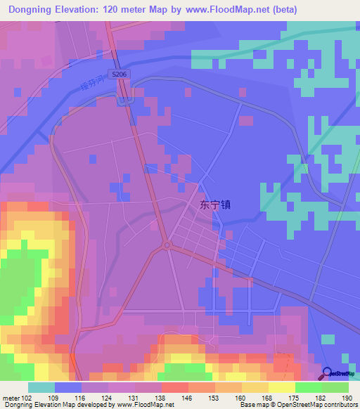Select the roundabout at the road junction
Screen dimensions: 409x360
tap(167, 245)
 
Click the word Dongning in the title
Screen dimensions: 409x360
tap(32, 9)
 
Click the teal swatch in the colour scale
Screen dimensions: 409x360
tap(41, 387)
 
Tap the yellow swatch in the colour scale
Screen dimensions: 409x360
tap(282, 387)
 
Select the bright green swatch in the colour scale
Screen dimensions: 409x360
tap(309, 387)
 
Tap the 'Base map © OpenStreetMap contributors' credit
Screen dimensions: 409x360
tap(297, 404)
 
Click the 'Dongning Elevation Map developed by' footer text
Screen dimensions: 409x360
tap(53, 404)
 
